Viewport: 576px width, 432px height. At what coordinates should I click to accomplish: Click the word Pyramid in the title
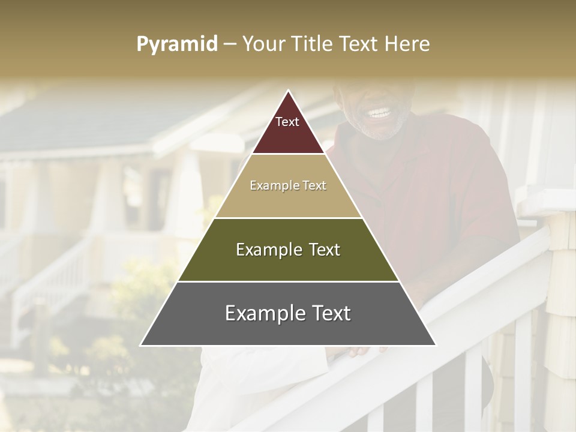click(x=177, y=44)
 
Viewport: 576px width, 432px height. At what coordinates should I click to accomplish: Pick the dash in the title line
click(x=229, y=44)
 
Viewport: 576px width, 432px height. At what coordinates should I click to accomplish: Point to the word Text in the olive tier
click(x=320, y=250)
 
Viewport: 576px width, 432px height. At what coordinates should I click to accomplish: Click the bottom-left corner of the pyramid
click(x=141, y=345)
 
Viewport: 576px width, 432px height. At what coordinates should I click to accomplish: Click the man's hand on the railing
click(x=360, y=352)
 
